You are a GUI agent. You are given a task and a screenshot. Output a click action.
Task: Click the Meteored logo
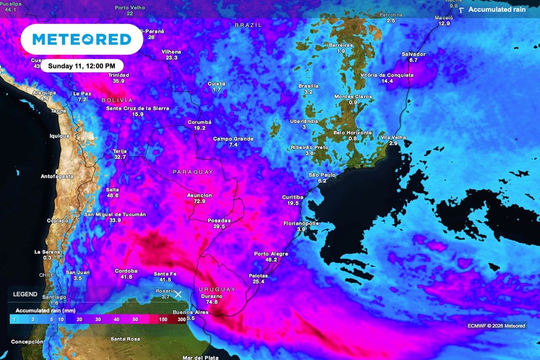[x=82, y=39]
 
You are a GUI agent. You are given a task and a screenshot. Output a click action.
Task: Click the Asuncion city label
[x=199, y=195]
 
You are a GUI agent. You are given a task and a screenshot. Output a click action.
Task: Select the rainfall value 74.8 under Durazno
[x=212, y=302]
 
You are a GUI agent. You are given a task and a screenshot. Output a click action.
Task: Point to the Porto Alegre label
[x=271, y=254]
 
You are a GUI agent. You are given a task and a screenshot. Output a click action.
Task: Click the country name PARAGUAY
[x=193, y=172]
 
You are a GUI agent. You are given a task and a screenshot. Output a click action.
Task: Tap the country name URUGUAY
[x=217, y=289]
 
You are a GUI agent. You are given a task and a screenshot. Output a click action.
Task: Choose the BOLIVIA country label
[x=117, y=100]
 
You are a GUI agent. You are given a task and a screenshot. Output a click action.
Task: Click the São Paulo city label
[x=322, y=174]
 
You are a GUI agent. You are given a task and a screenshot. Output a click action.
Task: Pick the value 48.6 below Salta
[x=112, y=196]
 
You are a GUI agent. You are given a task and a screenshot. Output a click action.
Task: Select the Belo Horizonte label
[x=353, y=133]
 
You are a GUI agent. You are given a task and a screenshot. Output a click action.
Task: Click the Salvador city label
[x=413, y=54]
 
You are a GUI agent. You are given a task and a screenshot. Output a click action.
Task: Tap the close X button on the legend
[x=178, y=294]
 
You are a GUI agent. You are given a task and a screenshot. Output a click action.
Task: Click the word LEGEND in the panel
[x=25, y=294]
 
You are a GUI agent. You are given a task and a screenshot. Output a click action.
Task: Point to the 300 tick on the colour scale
[x=182, y=319]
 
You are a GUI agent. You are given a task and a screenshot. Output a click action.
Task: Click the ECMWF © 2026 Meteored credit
[x=496, y=326]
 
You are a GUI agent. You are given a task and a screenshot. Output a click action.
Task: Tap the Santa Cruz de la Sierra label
[x=138, y=108]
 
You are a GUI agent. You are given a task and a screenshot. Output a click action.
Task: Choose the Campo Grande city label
[x=233, y=139]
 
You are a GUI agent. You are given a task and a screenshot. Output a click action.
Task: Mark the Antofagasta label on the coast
[x=57, y=176]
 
